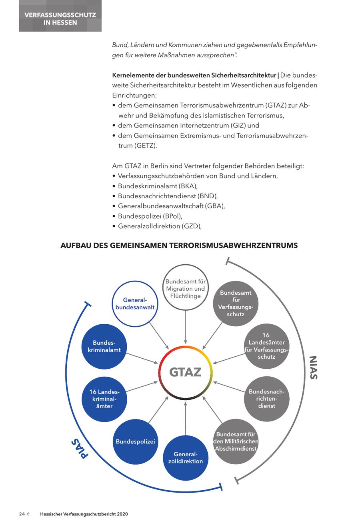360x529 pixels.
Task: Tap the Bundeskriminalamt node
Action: tap(104, 346)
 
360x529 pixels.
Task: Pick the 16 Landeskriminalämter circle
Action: tap(104, 399)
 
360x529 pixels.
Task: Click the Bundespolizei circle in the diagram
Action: tap(135, 441)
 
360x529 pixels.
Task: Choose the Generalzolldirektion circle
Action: tap(186, 457)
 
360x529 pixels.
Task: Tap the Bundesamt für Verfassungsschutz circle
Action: tap(235, 303)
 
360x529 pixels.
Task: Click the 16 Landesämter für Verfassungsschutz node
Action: tap(266, 346)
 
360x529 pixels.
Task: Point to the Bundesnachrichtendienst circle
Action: tap(266, 399)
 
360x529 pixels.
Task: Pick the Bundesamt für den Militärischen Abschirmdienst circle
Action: tap(236, 441)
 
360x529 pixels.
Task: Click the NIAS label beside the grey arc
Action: tap(313, 367)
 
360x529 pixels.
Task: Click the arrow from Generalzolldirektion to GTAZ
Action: tap(185, 418)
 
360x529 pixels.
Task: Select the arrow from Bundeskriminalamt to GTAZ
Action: tap(142, 358)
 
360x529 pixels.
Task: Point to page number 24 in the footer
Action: tap(22, 514)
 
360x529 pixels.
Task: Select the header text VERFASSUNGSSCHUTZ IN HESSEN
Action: tap(60, 19)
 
